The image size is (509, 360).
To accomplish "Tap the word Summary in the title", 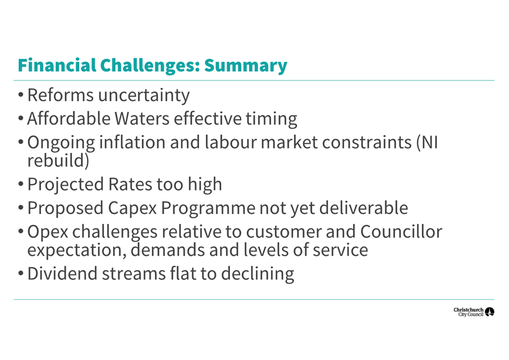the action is [246, 66].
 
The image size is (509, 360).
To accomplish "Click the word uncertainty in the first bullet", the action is [144, 96].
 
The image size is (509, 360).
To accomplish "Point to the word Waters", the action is [142, 118].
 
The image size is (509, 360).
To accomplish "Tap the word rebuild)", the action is [58, 161].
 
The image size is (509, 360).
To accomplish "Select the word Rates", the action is [130, 184].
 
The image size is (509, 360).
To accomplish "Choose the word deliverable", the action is [363, 208].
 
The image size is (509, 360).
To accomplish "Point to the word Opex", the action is [48, 232].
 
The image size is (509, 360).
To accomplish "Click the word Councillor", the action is [401, 231].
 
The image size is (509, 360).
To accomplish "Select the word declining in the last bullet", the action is [258, 274].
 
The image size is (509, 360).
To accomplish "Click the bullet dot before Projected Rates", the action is [21, 184].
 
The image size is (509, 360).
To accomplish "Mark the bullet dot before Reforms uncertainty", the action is [21, 95].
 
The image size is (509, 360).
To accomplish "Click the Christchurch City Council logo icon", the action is [489, 312].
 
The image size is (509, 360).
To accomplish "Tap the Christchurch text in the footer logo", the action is [469, 310].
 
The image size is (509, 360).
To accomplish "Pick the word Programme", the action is [208, 208].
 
